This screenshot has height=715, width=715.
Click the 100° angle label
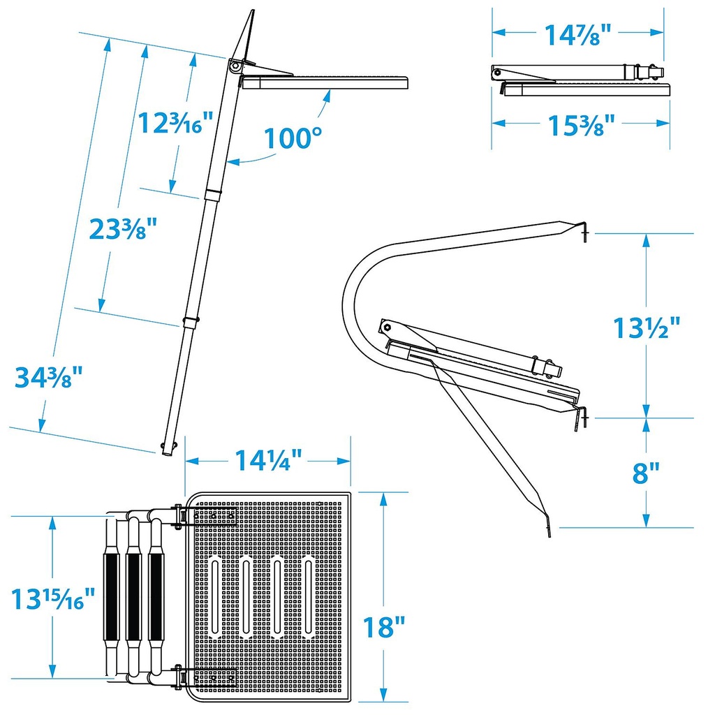293,138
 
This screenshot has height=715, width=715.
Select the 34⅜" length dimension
49,376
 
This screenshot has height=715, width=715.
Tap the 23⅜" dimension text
123,229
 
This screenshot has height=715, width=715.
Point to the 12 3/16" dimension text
175,122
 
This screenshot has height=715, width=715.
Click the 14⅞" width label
577,35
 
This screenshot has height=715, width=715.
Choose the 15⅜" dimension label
581,126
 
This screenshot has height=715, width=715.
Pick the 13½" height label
646,327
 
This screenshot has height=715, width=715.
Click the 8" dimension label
646,473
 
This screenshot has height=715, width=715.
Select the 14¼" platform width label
268,460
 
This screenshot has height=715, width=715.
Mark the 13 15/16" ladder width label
53,598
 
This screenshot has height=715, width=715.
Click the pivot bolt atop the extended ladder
235,66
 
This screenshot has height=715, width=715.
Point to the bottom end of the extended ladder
167,452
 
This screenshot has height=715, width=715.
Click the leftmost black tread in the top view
111,598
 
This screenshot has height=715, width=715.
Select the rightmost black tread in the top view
156,598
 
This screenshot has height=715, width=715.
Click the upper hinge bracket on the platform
205,516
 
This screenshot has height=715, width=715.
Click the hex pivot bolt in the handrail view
387,327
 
